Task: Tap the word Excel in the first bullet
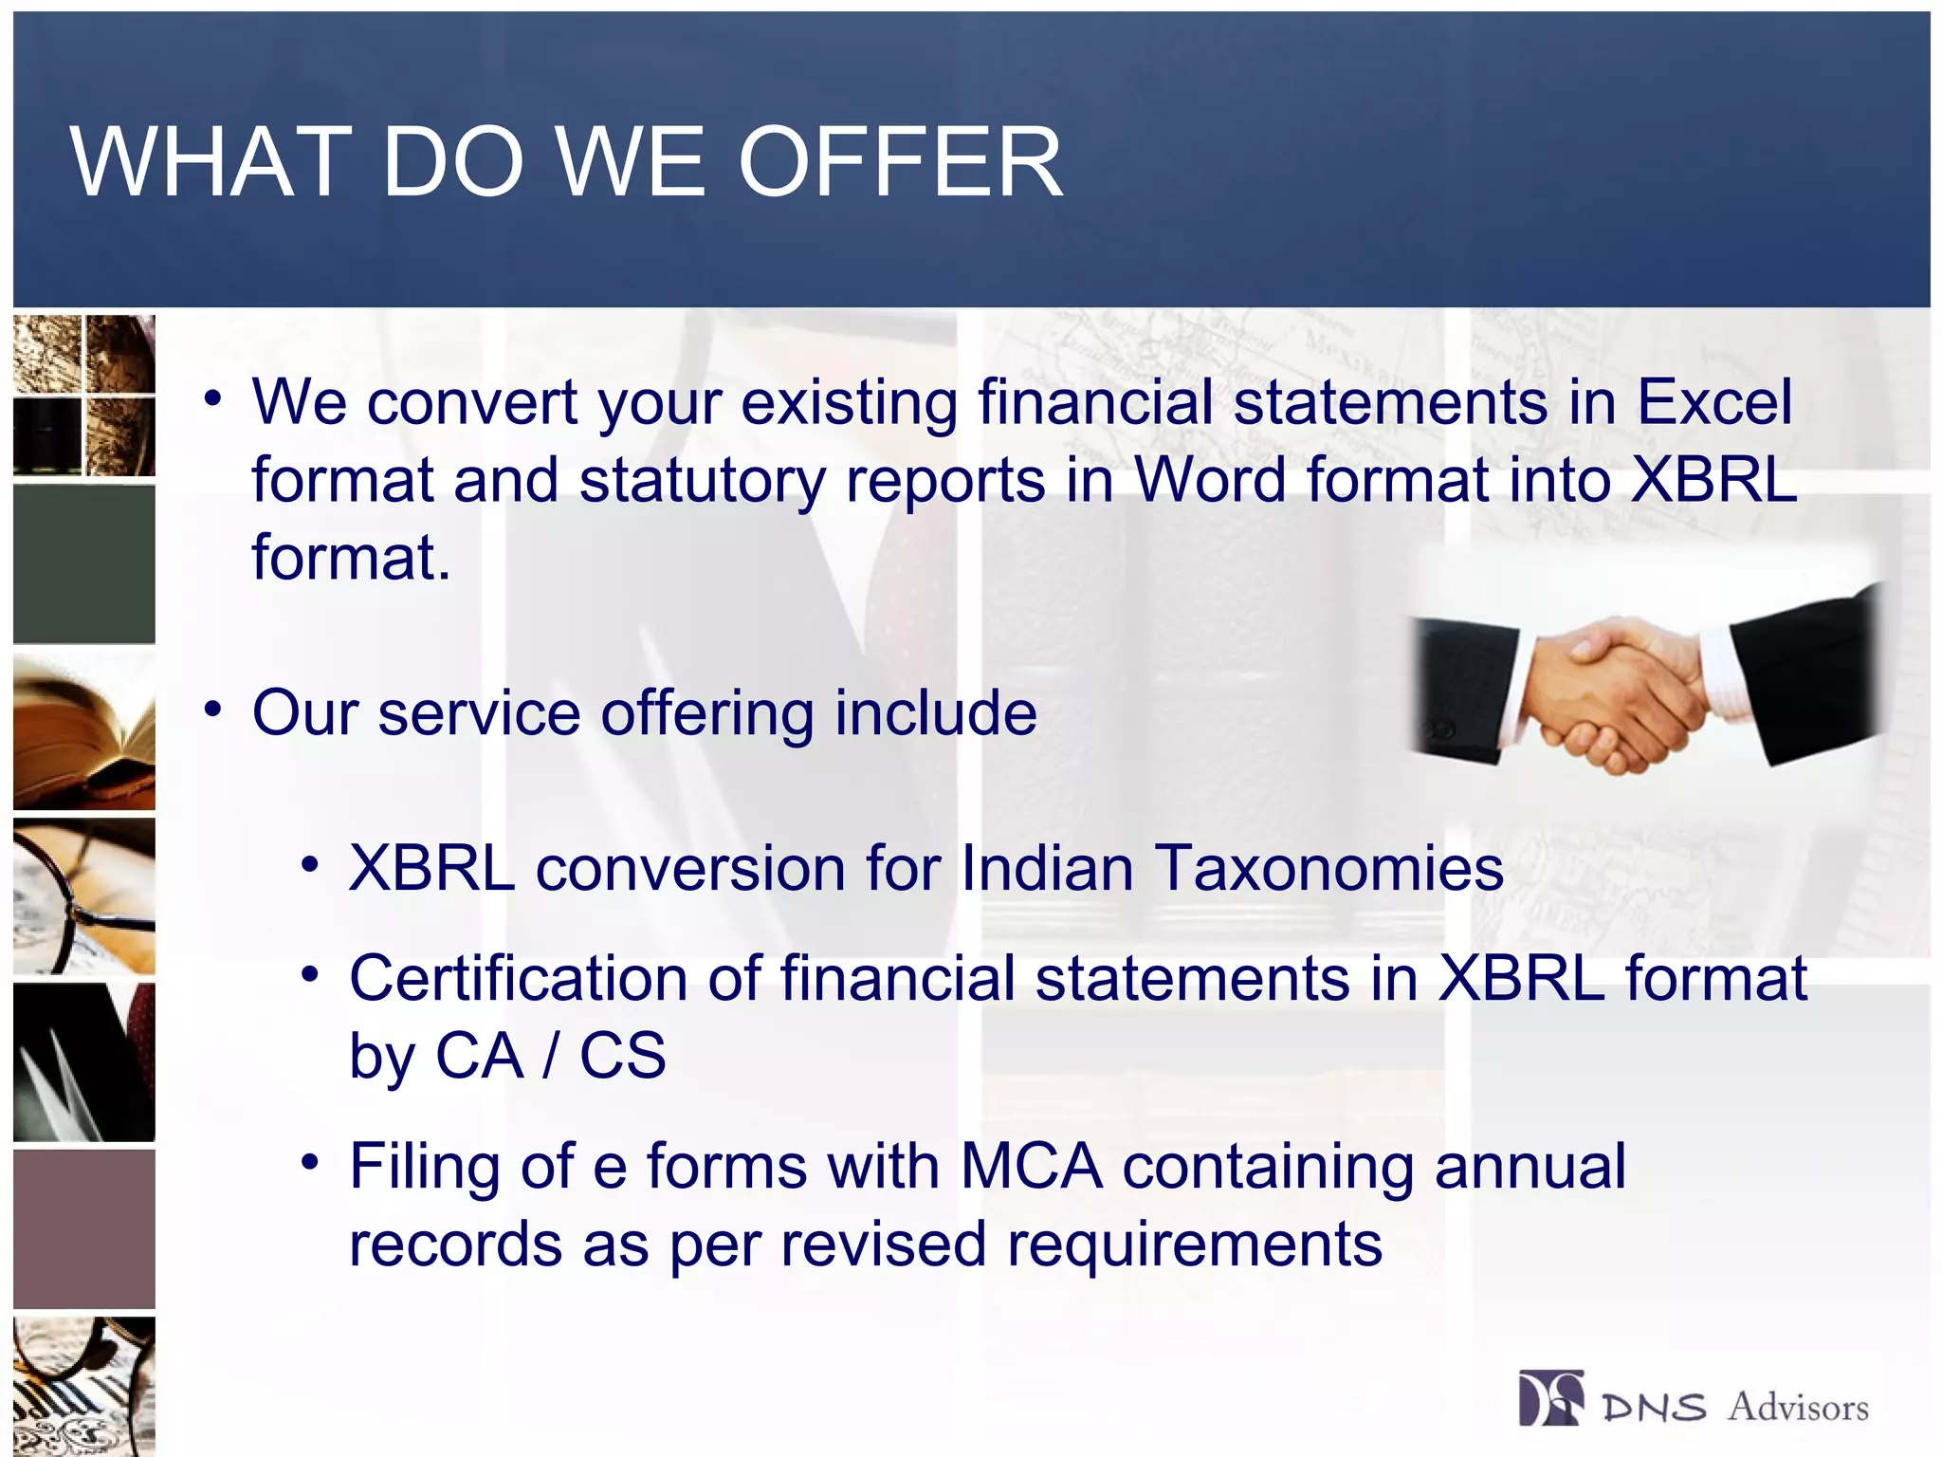(1714, 402)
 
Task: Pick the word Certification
(519, 978)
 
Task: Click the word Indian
(1047, 869)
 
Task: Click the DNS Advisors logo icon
(1550, 1398)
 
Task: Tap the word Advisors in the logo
(1797, 1407)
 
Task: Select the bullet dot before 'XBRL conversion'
(310, 865)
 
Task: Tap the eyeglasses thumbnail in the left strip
(83, 896)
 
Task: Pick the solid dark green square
(83, 563)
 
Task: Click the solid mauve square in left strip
(83, 1228)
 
